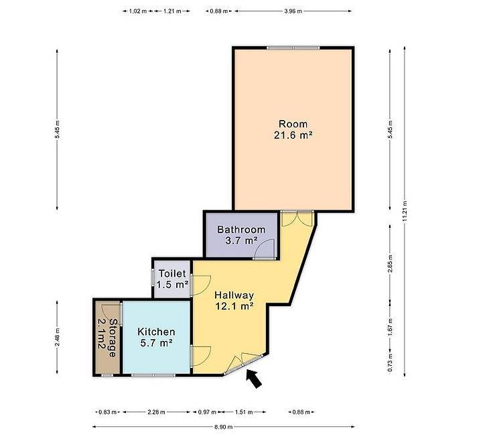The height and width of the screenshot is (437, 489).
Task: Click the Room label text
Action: pyautogui.click(x=293, y=124)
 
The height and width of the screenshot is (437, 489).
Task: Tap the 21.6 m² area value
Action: pyautogui.click(x=293, y=135)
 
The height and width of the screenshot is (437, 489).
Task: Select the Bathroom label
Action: pyautogui.click(x=241, y=230)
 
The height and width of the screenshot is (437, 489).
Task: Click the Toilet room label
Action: pyautogui.click(x=172, y=273)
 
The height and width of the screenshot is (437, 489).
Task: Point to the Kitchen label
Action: pyautogui.click(x=156, y=332)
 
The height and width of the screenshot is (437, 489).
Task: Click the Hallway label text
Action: pyautogui.click(x=234, y=296)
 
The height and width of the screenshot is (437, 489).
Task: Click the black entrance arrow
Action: pyautogui.click(x=254, y=379)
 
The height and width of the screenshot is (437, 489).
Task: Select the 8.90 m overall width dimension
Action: pyautogui.click(x=224, y=427)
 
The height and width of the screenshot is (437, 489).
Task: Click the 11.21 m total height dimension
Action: pyautogui.click(x=405, y=211)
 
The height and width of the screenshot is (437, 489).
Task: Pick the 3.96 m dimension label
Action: pyautogui.click(x=293, y=11)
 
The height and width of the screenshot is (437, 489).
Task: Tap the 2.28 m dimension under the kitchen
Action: pyautogui.click(x=156, y=412)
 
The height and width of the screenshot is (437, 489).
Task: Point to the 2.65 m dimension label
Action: pyautogui.click(x=390, y=264)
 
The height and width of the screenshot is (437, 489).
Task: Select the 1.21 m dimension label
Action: pyautogui.click(x=172, y=11)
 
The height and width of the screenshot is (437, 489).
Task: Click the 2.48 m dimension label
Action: pyautogui.click(x=57, y=337)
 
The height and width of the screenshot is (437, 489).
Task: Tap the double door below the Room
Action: pyautogui.click(x=297, y=218)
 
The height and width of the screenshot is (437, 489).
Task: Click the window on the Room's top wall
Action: pyautogui.click(x=293, y=48)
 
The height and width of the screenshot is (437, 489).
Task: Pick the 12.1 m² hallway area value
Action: pyautogui.click(x=234, y=306)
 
